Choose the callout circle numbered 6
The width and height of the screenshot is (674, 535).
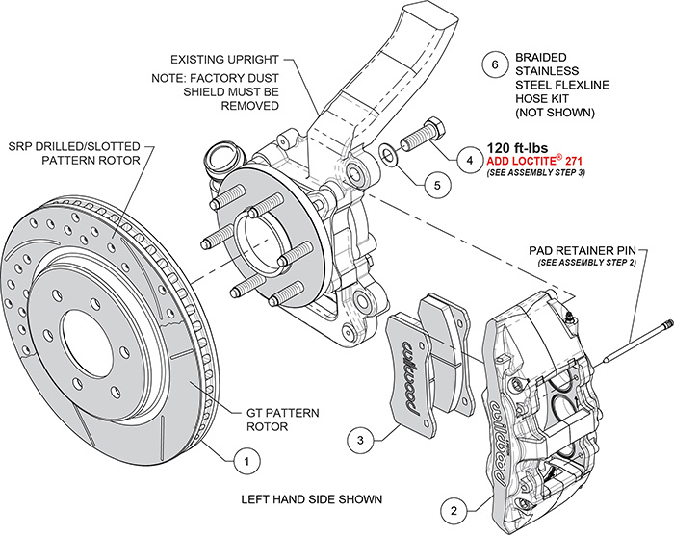click(494, 65)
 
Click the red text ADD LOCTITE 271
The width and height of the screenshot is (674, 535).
click(537, 160)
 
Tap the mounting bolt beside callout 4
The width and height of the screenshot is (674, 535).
click(420, 135)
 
